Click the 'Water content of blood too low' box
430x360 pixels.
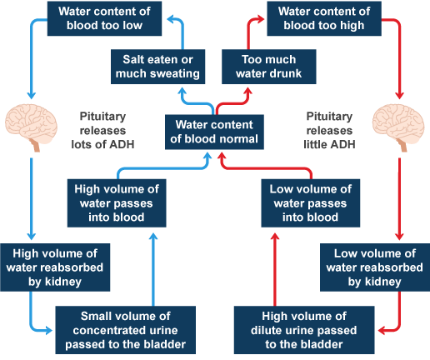(104, 18)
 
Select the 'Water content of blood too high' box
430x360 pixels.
(324, 18)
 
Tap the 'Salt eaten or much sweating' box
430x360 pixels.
(157, 67)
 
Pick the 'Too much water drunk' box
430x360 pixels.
(269, 67)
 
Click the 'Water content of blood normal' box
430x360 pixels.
(214, 132)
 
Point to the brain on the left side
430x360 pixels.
(31, 127)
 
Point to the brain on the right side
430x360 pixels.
(398, 127)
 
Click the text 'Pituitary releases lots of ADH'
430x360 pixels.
(102, 130)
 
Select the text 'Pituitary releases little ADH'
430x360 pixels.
(329, 130)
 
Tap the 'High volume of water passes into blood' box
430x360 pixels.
(117, 203)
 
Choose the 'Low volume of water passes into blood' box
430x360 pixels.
(311, 203)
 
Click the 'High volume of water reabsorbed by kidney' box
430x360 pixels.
(55, 267)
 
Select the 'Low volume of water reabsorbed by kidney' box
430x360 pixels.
(375, 267)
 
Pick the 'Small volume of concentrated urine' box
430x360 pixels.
(126, 330)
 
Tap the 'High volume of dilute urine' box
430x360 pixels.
(304, 330)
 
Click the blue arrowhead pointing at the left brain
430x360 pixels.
(31, 95)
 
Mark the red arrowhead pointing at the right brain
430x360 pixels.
(399, 95)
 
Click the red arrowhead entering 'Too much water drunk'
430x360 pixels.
(248, 91)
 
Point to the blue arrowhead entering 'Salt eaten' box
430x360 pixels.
(182, 91)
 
